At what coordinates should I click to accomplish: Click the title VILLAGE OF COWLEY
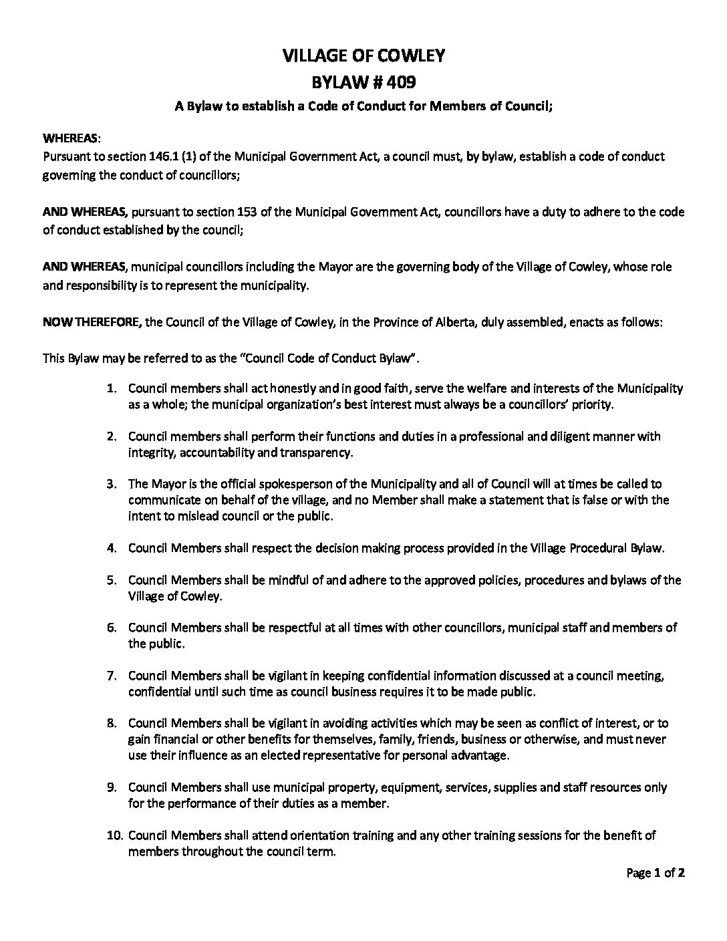363,56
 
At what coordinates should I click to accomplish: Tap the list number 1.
113,388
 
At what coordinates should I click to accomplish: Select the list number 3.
113,483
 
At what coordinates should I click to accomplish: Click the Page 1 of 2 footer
656,873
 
